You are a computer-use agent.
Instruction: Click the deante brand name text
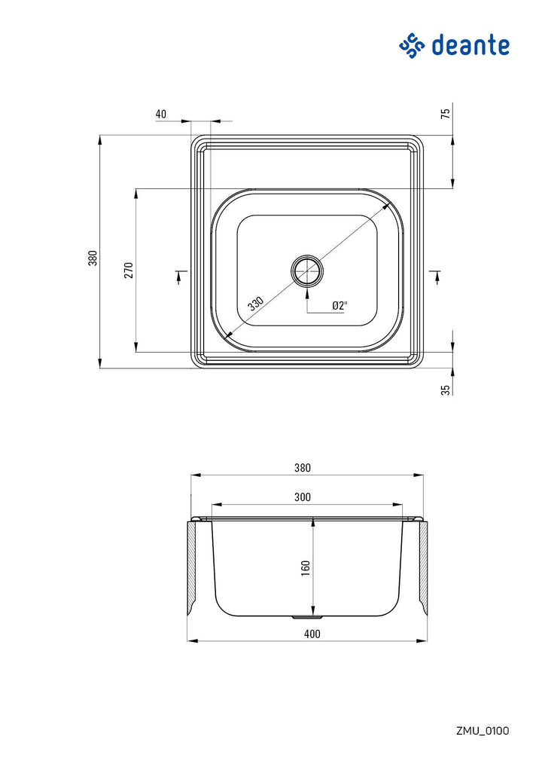[470, 45]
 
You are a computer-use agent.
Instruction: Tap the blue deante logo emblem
[412, 45]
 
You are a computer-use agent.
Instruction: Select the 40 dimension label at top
[161, 114]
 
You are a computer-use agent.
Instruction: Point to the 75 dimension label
[445, 114]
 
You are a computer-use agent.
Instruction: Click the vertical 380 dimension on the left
[93, 258]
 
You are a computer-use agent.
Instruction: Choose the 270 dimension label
[129, 270]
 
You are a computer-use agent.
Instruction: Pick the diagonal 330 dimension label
[256, 304]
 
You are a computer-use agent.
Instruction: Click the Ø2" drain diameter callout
[340, 306]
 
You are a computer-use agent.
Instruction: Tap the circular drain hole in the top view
[307, 270]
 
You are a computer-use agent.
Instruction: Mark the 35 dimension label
[445, 390]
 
